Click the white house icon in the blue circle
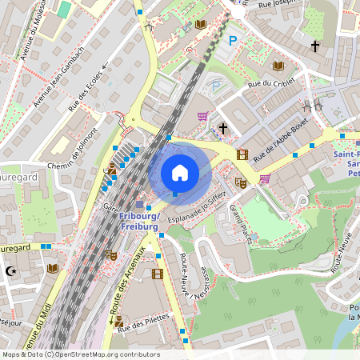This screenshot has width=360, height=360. click(180, 172)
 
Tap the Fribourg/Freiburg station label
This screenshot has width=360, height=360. click(139, 221)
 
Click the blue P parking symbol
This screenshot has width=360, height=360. click(233, 41)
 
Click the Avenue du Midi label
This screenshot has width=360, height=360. click(37, 328)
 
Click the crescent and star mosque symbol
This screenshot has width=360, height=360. click(10, 271)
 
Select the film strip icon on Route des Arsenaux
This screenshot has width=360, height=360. click(157, 274)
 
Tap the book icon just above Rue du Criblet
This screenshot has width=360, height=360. click(279, 66)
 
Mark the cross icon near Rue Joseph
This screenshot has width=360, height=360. click(316, 46)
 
